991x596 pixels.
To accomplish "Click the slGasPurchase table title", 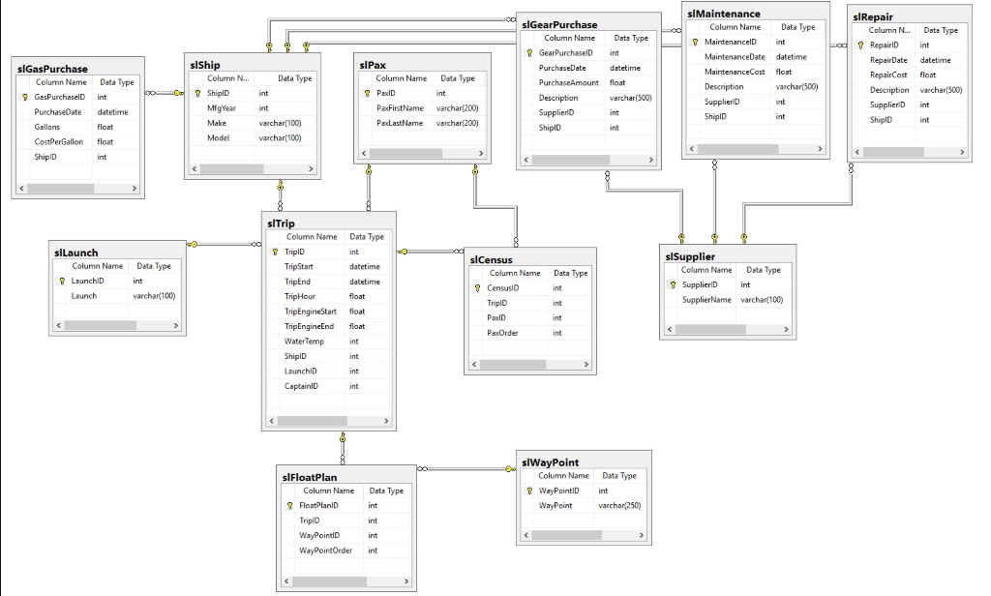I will (52, 69).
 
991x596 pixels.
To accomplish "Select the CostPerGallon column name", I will (56, 141).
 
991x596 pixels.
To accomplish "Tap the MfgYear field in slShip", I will (221, 108).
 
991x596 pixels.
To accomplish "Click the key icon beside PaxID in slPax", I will (367, 93).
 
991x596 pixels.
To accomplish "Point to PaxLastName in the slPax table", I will (400, 123).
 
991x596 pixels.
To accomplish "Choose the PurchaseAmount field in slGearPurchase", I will (569, 83).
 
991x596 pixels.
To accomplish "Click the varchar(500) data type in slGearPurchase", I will (630, 98).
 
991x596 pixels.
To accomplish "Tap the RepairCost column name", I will (888, 74).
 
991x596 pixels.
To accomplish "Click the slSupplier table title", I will (691, 255).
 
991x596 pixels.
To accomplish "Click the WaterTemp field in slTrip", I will (304, 342).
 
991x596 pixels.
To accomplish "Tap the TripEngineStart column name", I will (311, 312).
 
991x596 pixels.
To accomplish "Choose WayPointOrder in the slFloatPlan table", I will (326, 551).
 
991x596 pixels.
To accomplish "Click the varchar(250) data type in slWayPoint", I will (618, 505).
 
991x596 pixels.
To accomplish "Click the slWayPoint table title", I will (550, 462).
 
